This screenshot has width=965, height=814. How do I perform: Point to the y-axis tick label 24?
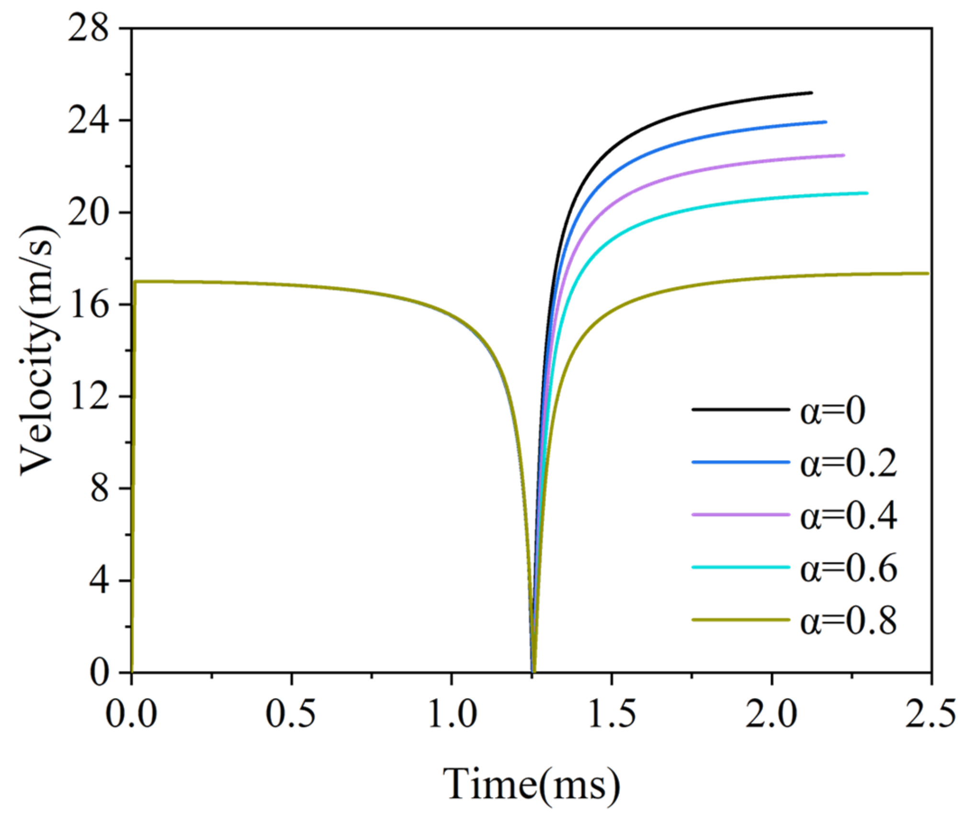point(89,121)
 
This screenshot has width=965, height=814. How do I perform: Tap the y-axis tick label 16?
point(89,305)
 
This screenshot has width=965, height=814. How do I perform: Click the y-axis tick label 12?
point(89,397)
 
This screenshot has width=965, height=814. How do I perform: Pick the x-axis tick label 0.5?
point(291,714)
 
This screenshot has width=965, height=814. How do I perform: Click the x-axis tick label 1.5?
point(612,714)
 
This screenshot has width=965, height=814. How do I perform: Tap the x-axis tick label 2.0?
point(772,714)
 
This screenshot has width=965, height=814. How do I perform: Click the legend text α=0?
point(832,411)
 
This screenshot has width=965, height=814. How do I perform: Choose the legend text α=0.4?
point(848,516)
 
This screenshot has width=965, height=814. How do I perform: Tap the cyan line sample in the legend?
point(740,567)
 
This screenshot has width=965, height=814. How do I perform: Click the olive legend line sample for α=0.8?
point(740,620)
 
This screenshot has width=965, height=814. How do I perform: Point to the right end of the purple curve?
point(843,156)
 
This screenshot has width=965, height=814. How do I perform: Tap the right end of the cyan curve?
point(867,193)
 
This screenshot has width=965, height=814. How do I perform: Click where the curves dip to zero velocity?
point(533,670)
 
